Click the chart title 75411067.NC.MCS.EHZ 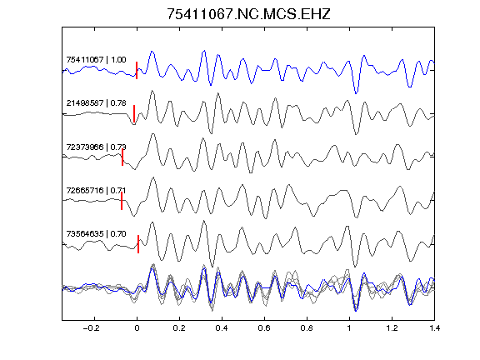248,14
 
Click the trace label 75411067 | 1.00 96,59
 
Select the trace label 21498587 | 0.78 96,102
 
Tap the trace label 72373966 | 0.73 96,147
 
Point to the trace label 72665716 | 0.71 96,190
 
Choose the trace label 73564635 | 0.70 96,234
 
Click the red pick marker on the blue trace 137,70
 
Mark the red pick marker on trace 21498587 134,114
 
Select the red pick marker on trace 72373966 122,157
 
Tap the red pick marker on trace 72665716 122,201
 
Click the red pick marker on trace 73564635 138,244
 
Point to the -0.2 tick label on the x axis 92,328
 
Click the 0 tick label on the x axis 137,328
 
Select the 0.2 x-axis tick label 179,328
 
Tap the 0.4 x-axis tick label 222,328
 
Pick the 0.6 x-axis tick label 264,328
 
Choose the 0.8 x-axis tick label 307,328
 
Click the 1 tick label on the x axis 349,328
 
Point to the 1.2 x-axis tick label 392,328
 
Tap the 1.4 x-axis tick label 434,328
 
